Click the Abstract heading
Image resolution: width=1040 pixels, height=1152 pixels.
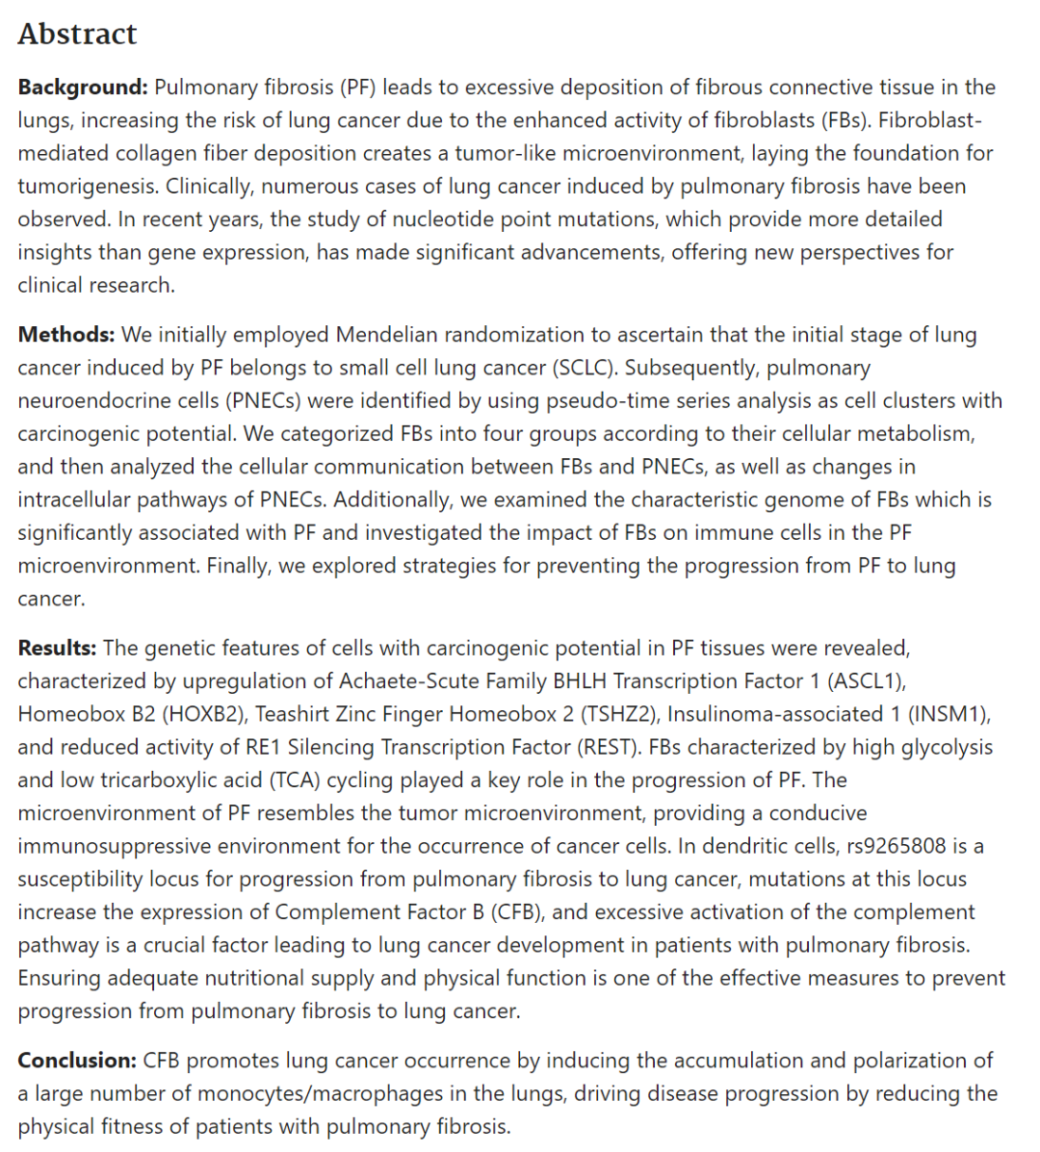[x=77, y=34]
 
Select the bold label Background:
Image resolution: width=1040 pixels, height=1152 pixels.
[x=83, y=88]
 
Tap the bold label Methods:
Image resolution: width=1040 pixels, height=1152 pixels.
[x=65, y=335]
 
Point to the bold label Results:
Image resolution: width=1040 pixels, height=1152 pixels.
[x=57, y=648]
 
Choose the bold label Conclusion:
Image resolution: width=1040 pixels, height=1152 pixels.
[x=77, y=1061]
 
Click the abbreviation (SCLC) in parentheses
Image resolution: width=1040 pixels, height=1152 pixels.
[x=586, y=368]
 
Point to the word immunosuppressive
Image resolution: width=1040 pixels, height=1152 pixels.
[x=114, y=846]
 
